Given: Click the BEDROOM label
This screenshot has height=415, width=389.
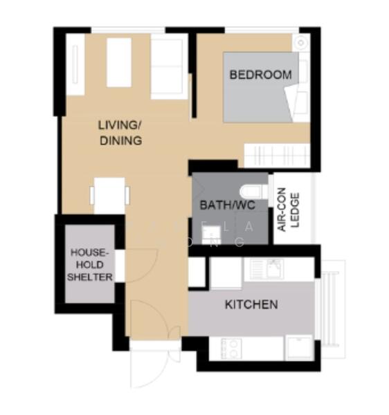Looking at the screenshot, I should click(x=260, y=75).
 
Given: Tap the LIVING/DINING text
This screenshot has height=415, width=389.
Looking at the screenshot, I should click(x=120, y=133).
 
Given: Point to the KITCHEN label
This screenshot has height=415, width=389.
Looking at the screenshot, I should click(x=251, y=304).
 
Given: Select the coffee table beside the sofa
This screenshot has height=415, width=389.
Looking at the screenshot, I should click(x=119, y=62).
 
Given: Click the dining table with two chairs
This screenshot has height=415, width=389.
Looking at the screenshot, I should click(x=109, y=195).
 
